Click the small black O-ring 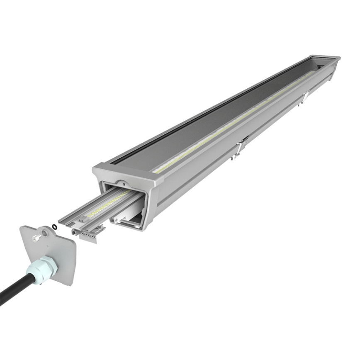(55, 226)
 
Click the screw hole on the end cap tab (44, 232)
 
